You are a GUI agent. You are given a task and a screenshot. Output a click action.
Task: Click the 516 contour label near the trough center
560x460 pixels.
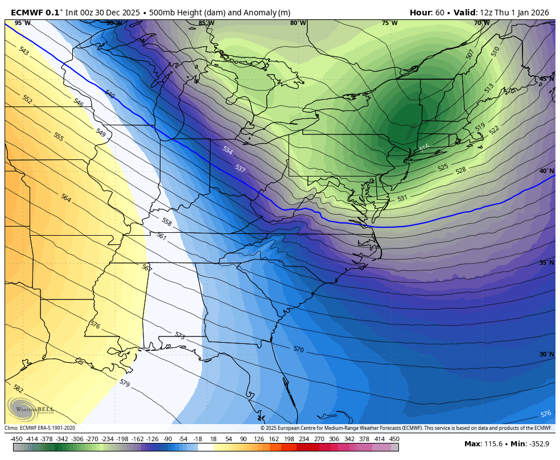[424, 148]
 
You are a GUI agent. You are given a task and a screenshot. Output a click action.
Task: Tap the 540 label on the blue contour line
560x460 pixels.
[110, 95]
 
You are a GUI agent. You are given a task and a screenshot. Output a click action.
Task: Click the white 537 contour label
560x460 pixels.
[240, 169]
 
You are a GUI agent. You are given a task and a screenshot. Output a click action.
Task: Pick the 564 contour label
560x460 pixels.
[66, 198]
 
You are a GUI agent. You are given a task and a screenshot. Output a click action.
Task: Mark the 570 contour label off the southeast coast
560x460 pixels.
[298, 349]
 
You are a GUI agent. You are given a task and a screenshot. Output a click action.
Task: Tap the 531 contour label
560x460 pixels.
[402, 198]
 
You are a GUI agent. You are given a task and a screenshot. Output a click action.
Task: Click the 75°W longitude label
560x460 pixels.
[389, 23]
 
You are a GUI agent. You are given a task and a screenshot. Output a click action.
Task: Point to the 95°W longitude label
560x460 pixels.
[23, 23]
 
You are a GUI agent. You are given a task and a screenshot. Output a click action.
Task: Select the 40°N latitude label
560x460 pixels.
[546, 171]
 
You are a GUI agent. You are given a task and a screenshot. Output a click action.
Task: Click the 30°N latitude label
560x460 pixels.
[546, 354]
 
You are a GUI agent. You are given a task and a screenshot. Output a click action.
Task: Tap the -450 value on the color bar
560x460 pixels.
[17, 439]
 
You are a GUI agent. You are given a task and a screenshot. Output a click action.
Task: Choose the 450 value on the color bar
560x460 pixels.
[394, 439]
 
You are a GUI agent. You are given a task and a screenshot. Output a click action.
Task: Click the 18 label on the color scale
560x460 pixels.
[213, 439]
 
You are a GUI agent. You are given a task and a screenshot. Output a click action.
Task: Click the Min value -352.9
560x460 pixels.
[537, 444]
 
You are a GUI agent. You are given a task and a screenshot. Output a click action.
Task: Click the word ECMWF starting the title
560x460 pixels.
[25, 13]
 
